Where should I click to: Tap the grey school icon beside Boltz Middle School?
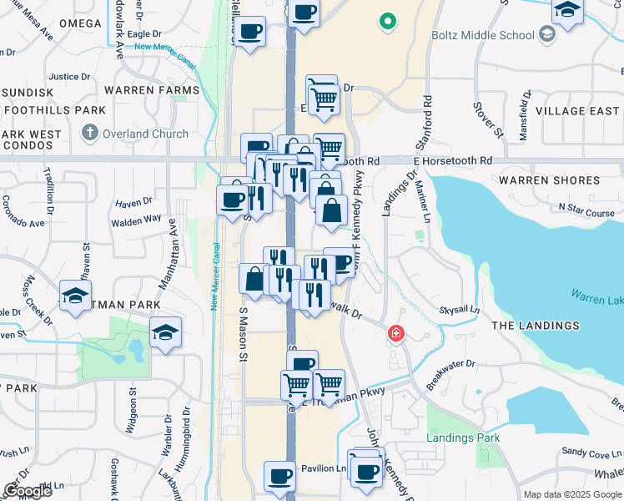pyautogui.click(x=546, y=34)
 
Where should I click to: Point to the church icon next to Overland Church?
pyautogui.click(x=90, y=133)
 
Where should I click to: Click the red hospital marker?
pyautogui.click(x=396, y=334)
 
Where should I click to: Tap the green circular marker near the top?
pyautogui.click(x=386, y=22)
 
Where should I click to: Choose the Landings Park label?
pyautogui.click(x=462, y=438)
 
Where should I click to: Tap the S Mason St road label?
pyautogui.click(x=244, y=334)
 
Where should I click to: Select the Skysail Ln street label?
pyautogui.click(x=460, y=310)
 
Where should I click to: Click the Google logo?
pyautogui.click(x=28, y=491)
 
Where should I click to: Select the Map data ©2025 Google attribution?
pyautogui.click(x=571, y=494)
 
